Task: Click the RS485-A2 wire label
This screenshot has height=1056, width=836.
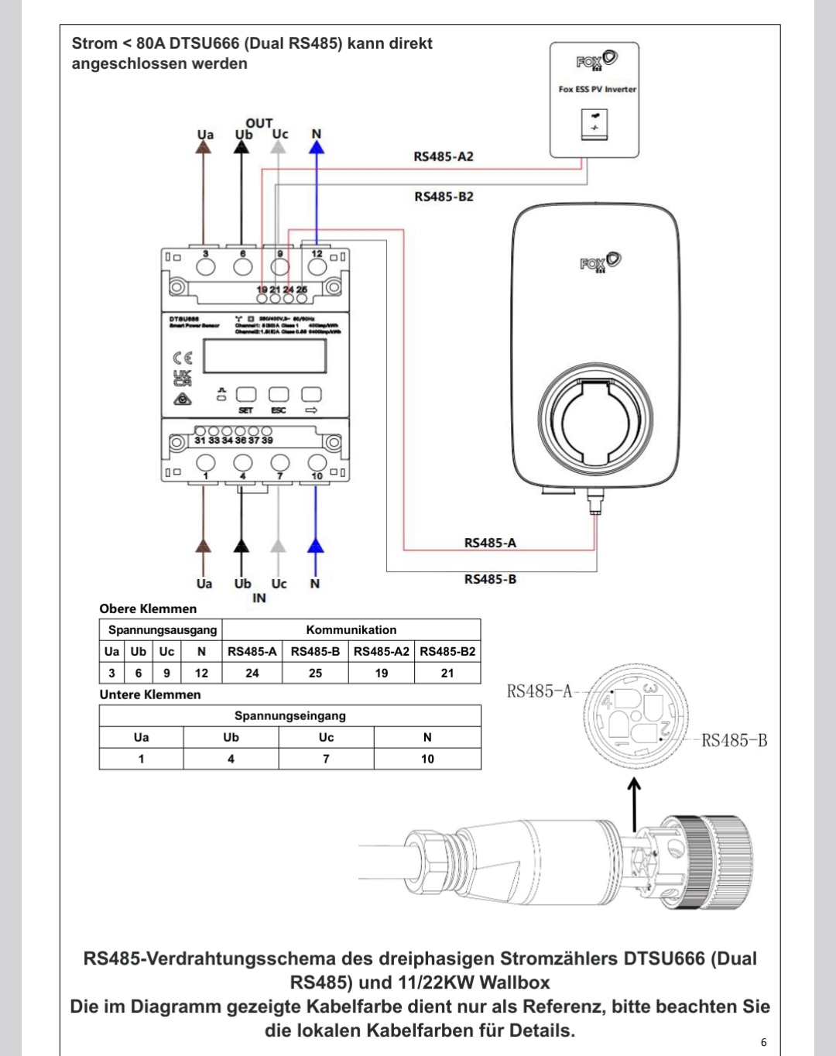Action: click(x=444, y=156)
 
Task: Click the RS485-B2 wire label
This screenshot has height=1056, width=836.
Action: click(x=444, y=197)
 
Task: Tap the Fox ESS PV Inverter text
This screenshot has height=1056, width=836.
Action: click(x=597, y=89)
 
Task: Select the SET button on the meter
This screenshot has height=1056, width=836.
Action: click(x=245, y=396)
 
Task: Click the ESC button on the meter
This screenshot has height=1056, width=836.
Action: click(x=279, y=396)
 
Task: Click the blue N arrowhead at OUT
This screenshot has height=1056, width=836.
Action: click(x=317, y=147)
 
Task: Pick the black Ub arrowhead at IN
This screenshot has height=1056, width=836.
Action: click(x=242, y=546)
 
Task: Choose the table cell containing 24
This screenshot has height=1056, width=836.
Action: click(x=252, y=673)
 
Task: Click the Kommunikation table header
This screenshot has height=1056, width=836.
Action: click(x=351, y=629)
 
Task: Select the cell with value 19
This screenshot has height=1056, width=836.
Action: click(x=382, y=673)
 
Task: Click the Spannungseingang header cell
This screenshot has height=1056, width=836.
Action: click(x=290, y=715)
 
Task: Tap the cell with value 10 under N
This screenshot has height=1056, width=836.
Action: click(x=427, y=759)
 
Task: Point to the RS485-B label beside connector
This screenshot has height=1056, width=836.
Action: click(x=734, y=741)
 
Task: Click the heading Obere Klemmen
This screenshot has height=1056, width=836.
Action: click(x=148, y=609)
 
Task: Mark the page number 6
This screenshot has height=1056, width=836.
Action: click(x=763, y=1042)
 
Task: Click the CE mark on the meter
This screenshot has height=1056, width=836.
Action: click(x=183, y=358)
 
